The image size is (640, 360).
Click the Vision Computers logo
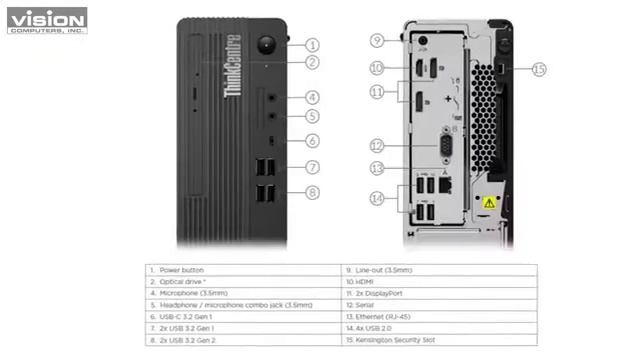pos(46,20)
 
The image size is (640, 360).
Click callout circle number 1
pos(313,45)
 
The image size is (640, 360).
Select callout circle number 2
pos(313,62)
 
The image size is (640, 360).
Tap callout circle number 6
pos(313,141)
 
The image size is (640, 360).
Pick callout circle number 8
pos(313,192)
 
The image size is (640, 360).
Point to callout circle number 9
pos(377,40)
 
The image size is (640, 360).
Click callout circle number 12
pos(377,145)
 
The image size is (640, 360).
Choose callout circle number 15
pos(539,69)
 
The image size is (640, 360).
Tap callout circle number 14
pos(377,199)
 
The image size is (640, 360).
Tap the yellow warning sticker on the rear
pos(489,202)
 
